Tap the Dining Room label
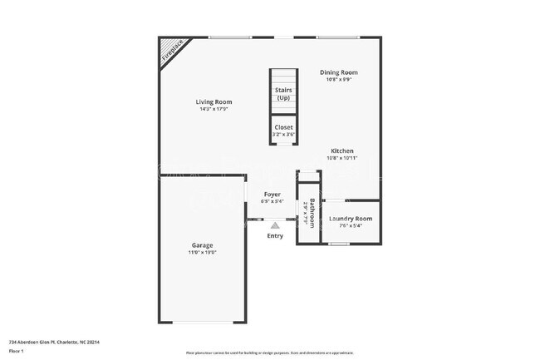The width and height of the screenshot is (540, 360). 339,72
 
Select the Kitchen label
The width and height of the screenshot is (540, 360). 342,150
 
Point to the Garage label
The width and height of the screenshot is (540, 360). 203,245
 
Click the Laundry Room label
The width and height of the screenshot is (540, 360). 350,219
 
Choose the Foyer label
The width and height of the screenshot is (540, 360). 272,194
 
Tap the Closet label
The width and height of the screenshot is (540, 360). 283,127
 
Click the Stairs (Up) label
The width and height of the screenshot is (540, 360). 283,94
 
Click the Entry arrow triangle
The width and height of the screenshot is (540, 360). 276,224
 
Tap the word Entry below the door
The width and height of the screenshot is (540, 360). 275,235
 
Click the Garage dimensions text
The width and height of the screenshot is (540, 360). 203,253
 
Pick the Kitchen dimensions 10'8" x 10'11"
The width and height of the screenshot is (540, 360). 342,158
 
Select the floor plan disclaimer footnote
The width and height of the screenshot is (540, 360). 269,353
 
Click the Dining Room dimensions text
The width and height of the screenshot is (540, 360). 339,80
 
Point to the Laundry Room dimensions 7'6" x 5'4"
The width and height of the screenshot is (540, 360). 350,225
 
